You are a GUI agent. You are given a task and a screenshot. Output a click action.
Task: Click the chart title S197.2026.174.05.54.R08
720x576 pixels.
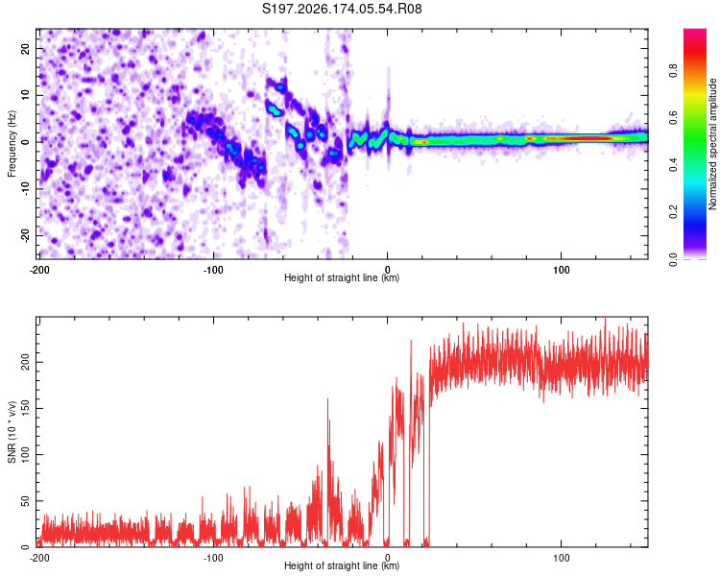342,9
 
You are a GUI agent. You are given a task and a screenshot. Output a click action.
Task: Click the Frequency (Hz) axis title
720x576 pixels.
12,144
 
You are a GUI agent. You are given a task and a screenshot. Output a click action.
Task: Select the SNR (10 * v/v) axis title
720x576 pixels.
12,432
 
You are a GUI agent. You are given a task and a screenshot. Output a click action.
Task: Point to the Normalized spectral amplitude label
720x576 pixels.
712,144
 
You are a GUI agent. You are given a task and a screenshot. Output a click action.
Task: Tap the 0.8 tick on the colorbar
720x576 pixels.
673,71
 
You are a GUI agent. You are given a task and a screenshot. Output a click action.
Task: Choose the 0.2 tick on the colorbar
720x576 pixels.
673,212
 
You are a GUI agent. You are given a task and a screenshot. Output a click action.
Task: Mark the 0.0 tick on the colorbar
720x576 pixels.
673,259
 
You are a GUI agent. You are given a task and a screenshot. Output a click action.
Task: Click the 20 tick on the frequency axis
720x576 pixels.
25,48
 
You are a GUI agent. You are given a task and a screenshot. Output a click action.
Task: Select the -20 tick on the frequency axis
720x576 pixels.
25,235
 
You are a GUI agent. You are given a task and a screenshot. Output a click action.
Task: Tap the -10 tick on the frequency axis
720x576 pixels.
25,189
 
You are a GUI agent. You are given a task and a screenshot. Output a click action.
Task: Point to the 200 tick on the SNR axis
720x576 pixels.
25,363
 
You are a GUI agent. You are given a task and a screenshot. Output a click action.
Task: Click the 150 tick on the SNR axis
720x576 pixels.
25,408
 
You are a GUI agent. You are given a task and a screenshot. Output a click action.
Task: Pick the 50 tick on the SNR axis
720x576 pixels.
25,501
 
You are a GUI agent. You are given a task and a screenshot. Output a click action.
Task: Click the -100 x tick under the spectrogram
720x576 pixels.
213,270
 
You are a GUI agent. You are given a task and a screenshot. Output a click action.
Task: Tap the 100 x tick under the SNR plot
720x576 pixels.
562,558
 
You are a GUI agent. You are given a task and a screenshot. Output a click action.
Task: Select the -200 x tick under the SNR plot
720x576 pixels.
39,558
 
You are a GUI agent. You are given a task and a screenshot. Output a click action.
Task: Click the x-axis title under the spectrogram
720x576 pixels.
342,277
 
